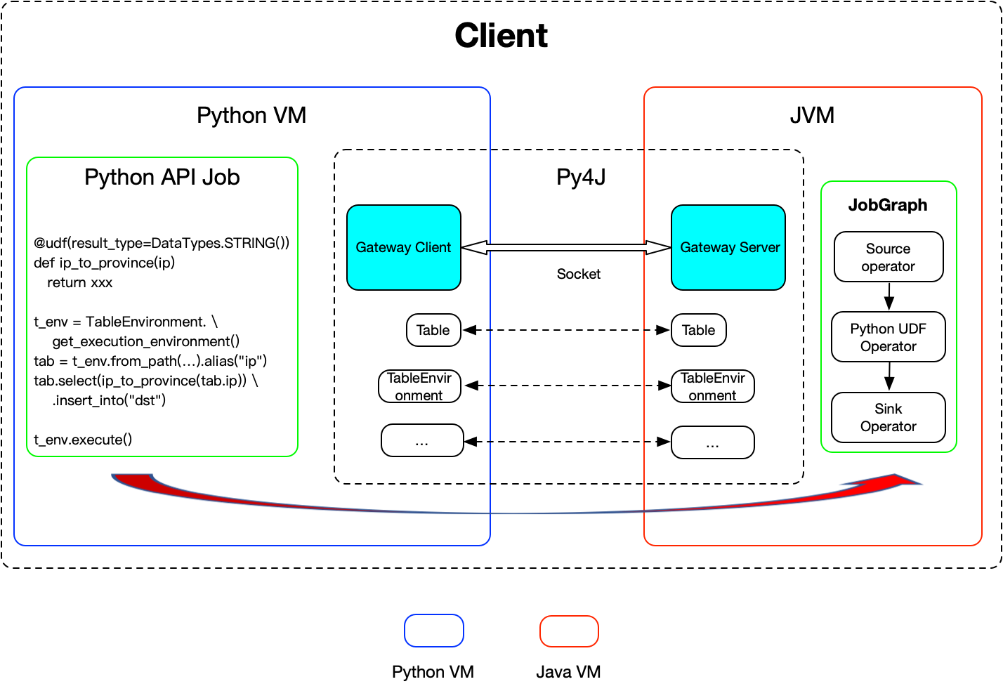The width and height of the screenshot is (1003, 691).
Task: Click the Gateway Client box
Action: click(x=404, y=247)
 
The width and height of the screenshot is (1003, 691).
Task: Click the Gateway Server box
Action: click(x=728, y=247)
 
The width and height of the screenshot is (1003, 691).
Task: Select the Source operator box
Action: click(x=889, y=257)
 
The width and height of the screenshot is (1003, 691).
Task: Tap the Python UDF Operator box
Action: click(x=889, y=337)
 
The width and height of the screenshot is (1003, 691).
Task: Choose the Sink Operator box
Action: click(x=889, y=417)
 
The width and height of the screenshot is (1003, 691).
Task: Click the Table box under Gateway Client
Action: click(x=433, y=330)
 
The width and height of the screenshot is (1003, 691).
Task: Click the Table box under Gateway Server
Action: click(x=699, y=330)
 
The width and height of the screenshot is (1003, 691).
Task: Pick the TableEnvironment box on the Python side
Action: click(x=419, y=386)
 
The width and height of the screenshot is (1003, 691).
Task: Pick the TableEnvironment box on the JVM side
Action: click(x=713, y=386)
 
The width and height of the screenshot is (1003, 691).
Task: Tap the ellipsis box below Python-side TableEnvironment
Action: click(x=422, y=441)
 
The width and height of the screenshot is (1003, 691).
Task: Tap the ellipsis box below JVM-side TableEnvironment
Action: click(x=713, y=442)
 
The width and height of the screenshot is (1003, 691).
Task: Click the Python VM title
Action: click(x=251, y=115)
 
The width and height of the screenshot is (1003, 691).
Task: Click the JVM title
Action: click(x=812, y=115)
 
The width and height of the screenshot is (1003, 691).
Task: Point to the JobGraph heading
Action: click(x=888, y=205)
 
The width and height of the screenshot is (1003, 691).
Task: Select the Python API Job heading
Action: click(x=162, y=177)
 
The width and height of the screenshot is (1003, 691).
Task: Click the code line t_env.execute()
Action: click(x=83, y=440)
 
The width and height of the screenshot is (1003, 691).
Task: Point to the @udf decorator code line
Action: click(x=162, y=243)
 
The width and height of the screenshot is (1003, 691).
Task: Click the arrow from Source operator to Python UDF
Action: click(x=889, y=296)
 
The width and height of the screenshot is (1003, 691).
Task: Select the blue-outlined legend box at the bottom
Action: click(x=434, y=631)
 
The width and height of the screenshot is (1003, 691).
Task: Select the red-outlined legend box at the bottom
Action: click(x=569, y=631)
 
